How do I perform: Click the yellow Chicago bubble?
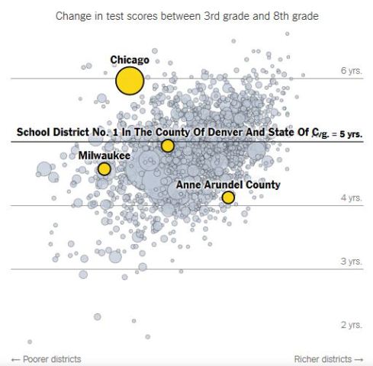(130, 80)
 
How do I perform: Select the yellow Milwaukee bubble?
(104, 169)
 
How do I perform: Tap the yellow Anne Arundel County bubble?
(228, 197)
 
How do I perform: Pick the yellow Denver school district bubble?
(168, 146)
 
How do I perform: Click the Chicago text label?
(130, 59)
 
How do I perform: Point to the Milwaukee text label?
(105, 156)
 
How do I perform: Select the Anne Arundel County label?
(228, 185)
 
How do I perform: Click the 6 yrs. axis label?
(351, 71)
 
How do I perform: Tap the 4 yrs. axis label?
(351, 198)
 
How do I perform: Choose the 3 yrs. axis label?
(351, 262)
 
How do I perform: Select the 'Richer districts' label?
(318, 358)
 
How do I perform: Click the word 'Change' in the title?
(74, 15)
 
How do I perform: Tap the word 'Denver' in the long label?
(221, 132)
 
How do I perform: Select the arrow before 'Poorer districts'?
(15, 358)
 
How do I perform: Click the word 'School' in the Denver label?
(34, 132)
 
